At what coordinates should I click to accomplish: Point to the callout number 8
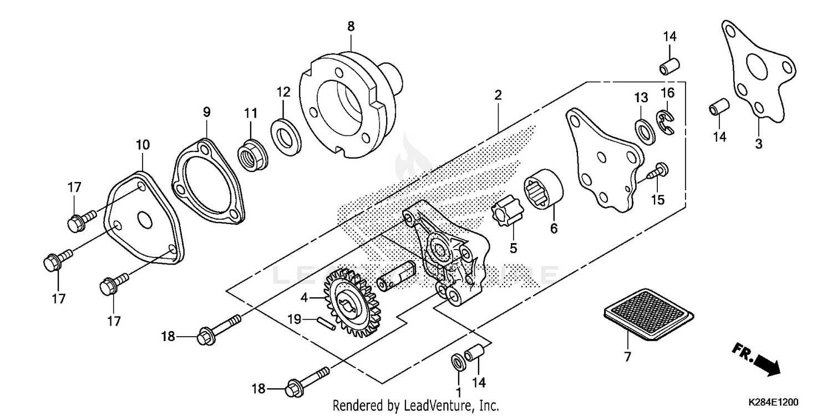[351, 26]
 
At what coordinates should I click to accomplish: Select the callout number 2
[498, 95]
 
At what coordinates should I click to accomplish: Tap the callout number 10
[143, 145]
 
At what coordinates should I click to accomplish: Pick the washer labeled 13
[643, 129]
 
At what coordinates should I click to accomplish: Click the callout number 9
[206, 112]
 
